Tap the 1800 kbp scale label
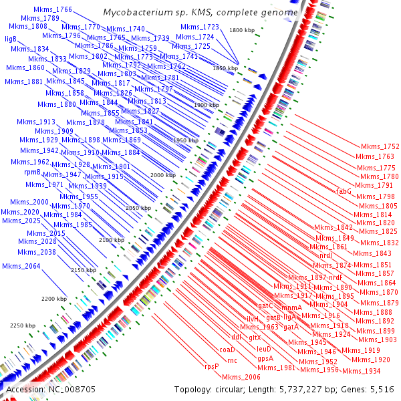[241, 31]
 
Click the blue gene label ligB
[11, 39]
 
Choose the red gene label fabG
[344, 191]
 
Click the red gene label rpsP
[212, 366]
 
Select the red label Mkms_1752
[380, 146]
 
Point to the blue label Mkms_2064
[21, 267]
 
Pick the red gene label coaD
[227, 350]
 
